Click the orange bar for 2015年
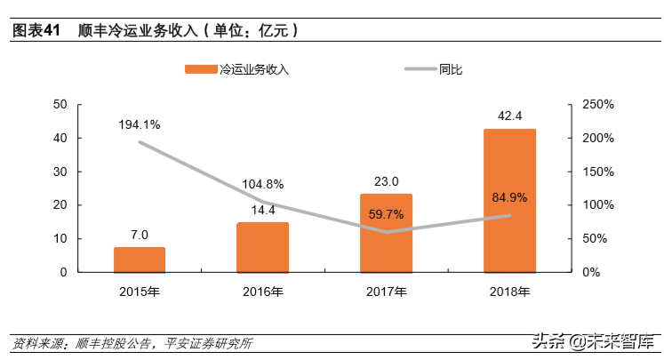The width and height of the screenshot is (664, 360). [140, 260]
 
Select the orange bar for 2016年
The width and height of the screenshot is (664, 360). [262, 247]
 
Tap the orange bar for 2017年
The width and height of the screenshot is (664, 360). [386, 233]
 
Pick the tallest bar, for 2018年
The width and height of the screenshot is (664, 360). [509, 200]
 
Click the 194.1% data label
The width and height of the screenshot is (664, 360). [140, 124]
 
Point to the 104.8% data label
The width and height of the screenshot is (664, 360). [262, 184]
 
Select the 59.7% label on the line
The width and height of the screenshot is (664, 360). [386, 214]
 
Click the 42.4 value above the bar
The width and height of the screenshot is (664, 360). [509, 116]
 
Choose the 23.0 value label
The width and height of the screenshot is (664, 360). [386, 180]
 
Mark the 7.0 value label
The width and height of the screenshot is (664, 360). [140, 234]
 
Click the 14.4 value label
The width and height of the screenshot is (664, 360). [262, 210]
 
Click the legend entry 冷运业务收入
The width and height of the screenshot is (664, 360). [253, 69]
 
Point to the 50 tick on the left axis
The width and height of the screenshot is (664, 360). [61, 105]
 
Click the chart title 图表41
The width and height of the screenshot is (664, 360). [36, 31]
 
